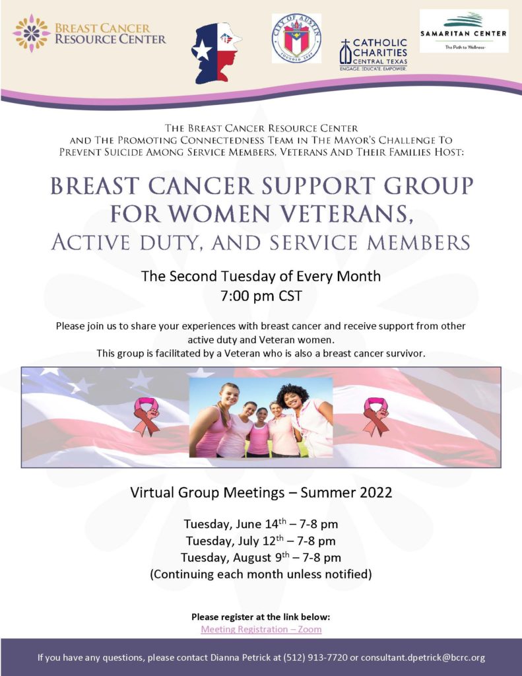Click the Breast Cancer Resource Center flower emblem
point(32,33)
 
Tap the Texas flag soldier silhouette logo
point(216,53)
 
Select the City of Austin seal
point(296,38)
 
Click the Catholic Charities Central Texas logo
point(374,55)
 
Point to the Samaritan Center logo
point(464,31)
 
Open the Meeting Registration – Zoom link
point(261,629)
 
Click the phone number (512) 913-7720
point(315,658)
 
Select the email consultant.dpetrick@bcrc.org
point(423,658)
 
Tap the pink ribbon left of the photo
point(147,417)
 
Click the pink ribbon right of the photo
point(375,417)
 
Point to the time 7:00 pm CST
point(261,296)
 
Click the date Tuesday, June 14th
point(235,524)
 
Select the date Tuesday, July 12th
point(235,541)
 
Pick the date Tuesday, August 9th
point(235,557)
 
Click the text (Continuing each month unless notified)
point(261,574)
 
